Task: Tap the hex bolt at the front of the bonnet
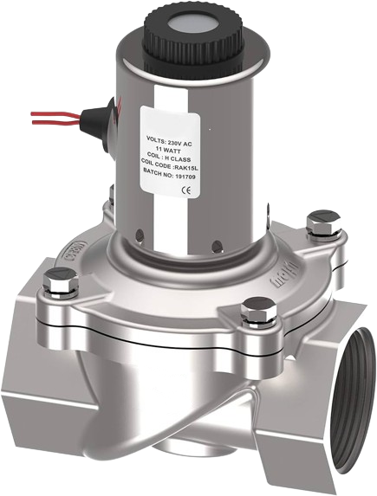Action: pos(256,307)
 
